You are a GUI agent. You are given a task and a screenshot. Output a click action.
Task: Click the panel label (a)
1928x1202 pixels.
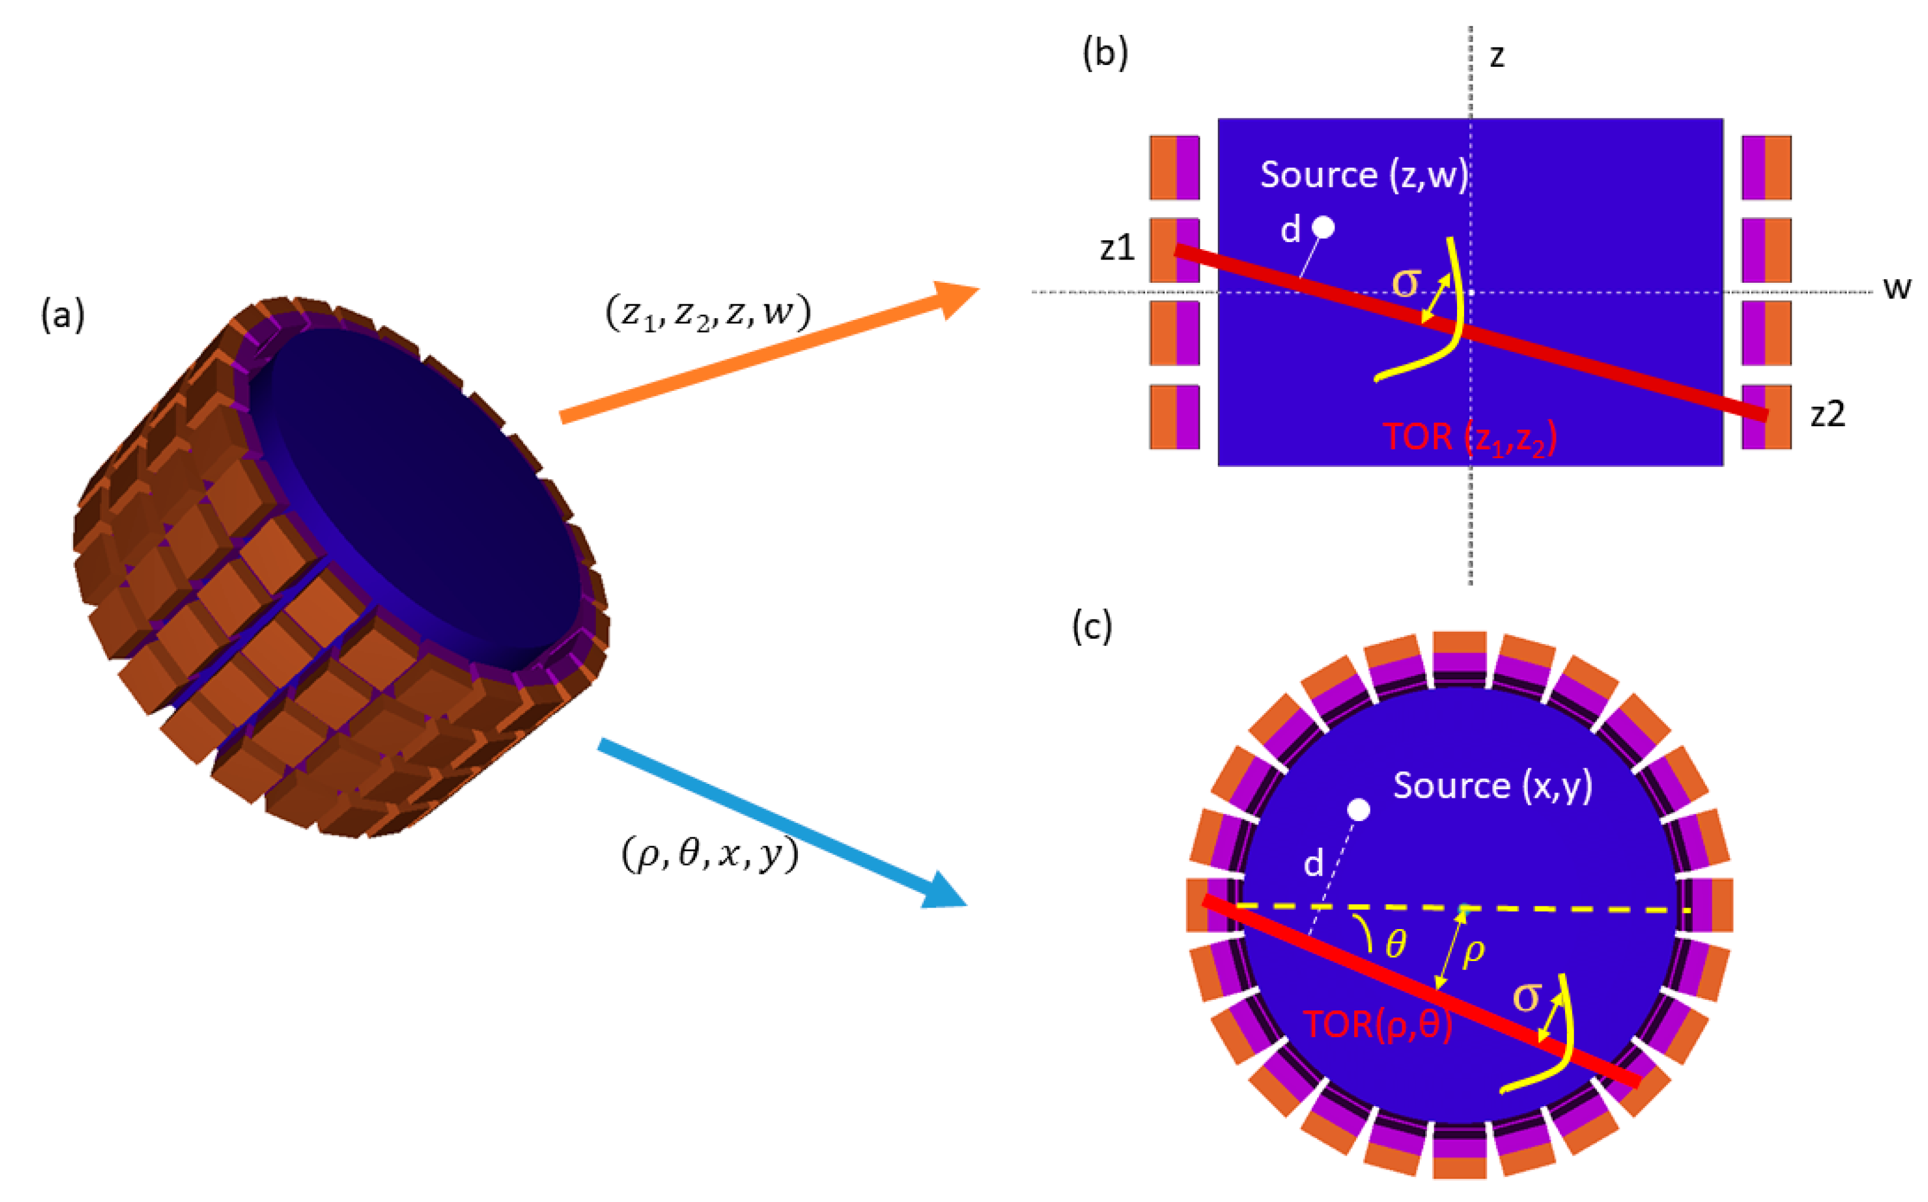(x=62, y=316)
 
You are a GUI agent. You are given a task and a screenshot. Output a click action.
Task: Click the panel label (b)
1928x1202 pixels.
(x=1105, y=54)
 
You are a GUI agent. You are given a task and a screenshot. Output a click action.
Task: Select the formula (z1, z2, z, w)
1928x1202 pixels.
(x=707, y=312)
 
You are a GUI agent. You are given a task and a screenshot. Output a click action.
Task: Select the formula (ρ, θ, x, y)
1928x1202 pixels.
(x=709, y=855)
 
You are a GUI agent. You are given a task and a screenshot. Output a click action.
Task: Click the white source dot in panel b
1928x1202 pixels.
(x=1323, y=228)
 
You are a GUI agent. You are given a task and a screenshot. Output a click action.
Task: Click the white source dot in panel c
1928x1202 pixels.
(x=1359, y=810)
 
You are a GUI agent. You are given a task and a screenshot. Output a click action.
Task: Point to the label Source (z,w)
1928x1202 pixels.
(x=1364, y=175)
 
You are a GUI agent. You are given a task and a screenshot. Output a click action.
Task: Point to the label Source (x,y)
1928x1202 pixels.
(x=1492, y=786)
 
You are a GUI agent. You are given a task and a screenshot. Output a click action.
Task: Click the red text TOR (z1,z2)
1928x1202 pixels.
(x=1469, y=438)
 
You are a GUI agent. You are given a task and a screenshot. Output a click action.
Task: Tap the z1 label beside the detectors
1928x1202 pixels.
(x=1117, y=249)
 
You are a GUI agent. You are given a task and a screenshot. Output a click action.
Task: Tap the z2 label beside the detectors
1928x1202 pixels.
(x=1827, y=414)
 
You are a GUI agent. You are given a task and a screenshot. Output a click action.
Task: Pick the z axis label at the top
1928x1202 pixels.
(x=1497, y=56)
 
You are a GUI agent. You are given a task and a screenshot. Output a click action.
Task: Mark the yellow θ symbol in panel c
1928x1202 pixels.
(x=1395, y=944)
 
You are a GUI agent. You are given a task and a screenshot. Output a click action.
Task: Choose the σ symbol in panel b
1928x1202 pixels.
(x=1407, y=283)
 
